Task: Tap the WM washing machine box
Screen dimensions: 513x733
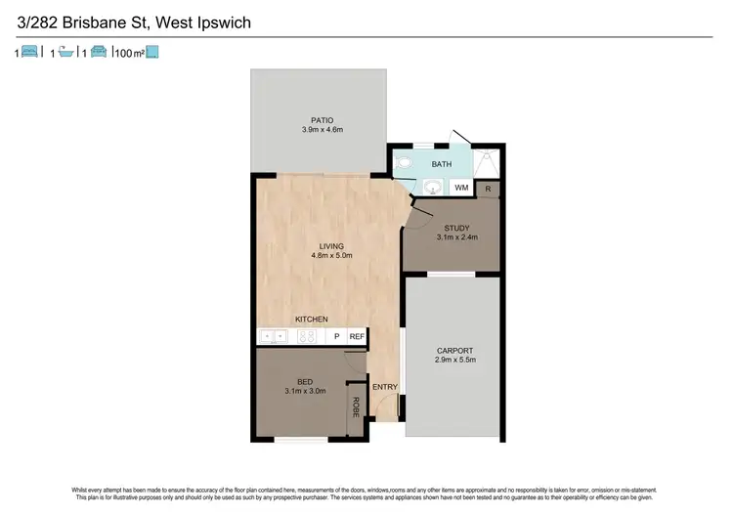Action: pos(462,187)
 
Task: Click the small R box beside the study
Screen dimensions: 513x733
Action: pos(491,188)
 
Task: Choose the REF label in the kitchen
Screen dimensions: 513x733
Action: pos(357,337)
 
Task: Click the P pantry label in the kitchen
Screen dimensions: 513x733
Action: pos(337,337)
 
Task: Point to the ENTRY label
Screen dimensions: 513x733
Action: pos(385,387)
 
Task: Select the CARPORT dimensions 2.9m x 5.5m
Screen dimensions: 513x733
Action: pos(455,361)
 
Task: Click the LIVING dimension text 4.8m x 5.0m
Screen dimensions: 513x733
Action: pos(330,256)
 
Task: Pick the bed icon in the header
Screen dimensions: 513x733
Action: pos(30,54)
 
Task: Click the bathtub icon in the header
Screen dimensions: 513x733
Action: pos(65,54)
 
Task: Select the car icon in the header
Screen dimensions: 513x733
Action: pos(99,54)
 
